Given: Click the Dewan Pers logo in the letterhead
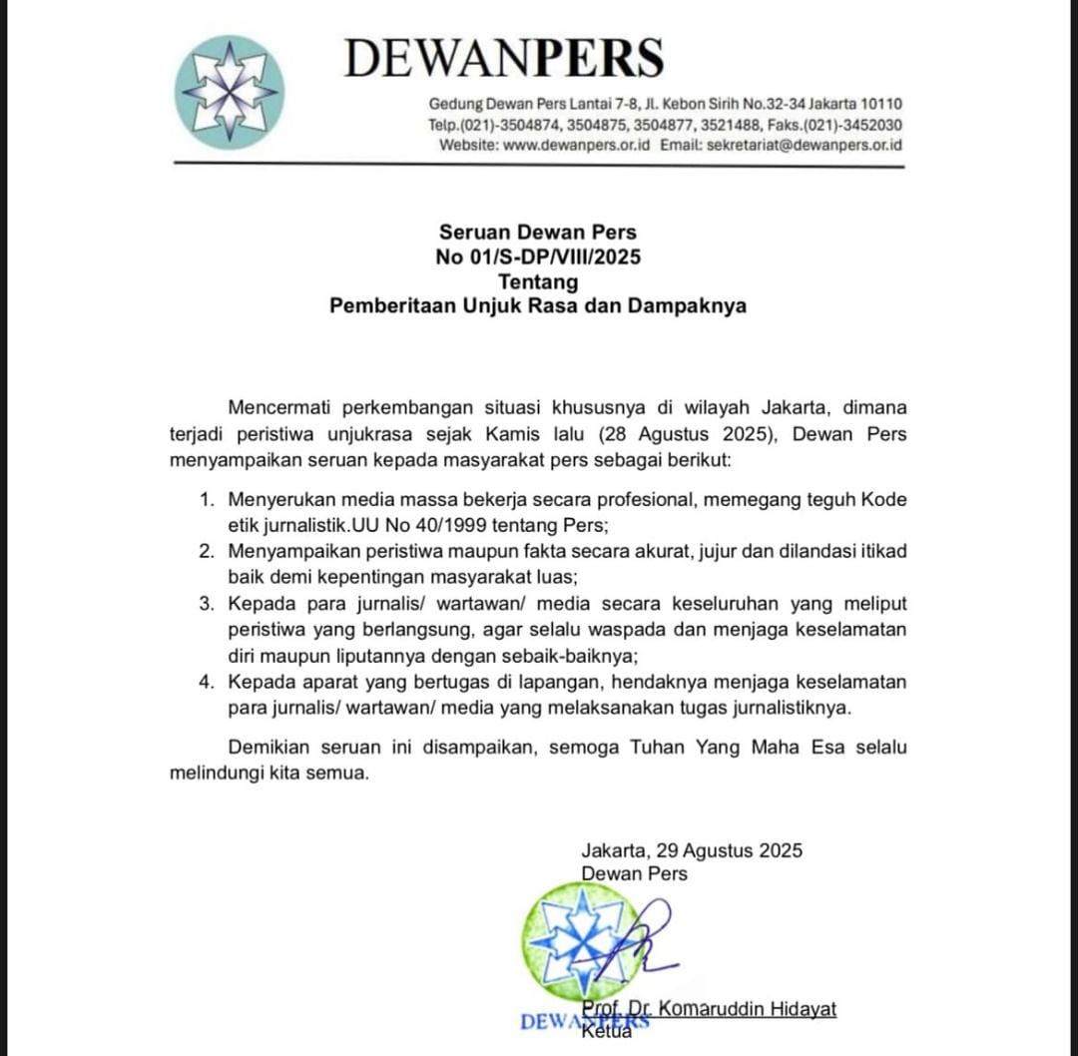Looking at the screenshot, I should coord(229,93).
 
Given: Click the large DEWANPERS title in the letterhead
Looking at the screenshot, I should coord(504,58).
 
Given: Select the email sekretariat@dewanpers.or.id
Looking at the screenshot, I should coord(804,145).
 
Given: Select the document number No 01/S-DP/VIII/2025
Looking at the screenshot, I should coord(538,258).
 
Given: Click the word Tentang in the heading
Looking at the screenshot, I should coord(538,282).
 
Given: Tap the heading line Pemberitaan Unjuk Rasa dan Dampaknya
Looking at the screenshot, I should coord(538,307).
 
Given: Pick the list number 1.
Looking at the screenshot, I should coord(206,499).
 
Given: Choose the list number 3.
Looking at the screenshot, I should coord(206,604).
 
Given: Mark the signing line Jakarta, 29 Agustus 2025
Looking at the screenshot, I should coord(692,851).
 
